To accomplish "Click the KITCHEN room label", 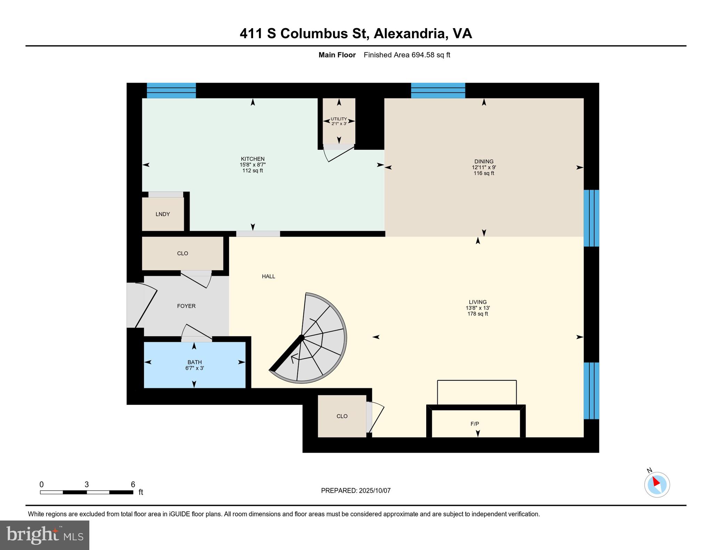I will [x=253, y=159].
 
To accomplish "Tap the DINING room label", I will [x=484, y=162].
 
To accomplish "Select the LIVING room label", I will [x=477, y=302].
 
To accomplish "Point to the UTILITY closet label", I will [x=339, y=119].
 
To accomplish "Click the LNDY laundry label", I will [x=163, y=214].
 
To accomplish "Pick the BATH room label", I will [x=194, y=362].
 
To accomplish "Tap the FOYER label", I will [x=186, y=306].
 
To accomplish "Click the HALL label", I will [x=268, y=277].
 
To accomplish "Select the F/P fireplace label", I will [x=475, y=424].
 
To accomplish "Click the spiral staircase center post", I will [x=302, y=337].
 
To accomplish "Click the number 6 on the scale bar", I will [x=133, y=484].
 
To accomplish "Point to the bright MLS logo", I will [x=44, y=535].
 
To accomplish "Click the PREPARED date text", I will [x=356, y=491].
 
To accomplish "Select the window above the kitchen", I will [x=171, y=90].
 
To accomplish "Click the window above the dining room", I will [x=438, y=90].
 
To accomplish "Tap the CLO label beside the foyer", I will [x=183, y=254].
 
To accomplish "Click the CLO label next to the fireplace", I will [x=342, y=416].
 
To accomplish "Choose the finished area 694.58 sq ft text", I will [x=407, y=55].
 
